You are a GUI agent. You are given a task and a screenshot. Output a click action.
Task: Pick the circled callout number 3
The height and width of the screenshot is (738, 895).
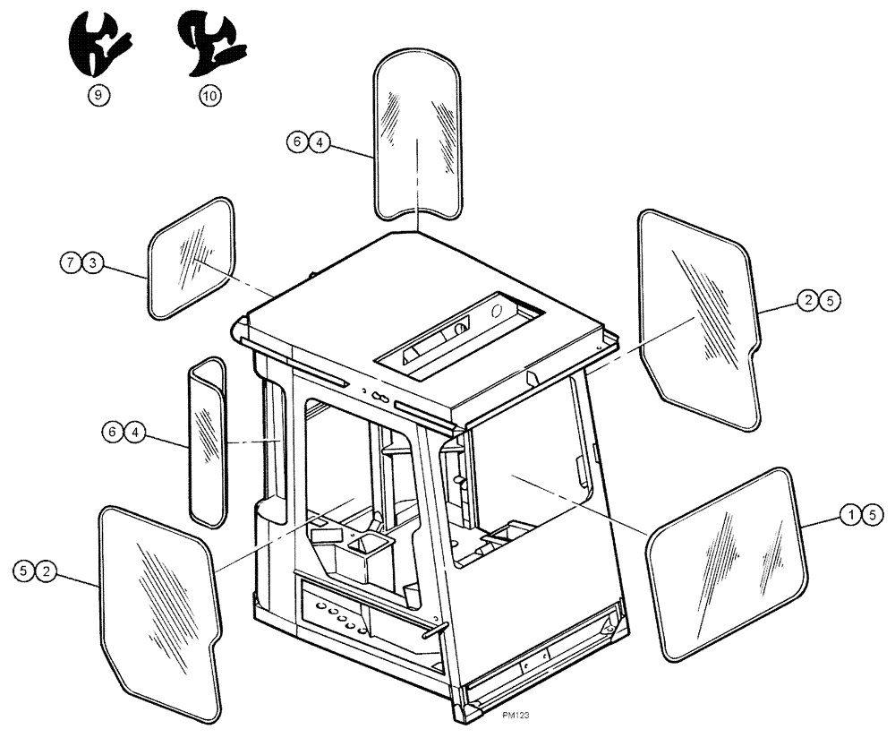(93, 262)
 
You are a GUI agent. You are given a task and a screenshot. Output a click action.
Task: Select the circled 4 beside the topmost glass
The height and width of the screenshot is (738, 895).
(320, 141)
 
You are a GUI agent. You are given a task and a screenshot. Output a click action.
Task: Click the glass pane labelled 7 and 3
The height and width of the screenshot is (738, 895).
(192, 258)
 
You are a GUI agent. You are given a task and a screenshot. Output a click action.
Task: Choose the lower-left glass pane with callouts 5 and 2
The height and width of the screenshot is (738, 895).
(159, 611)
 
